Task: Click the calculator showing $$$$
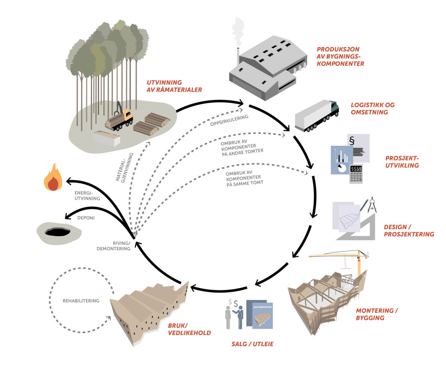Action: (x=356, y=173)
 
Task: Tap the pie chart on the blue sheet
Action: (x=342, y=168)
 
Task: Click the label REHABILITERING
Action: (x=81, y=301)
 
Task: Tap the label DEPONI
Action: (x=86, y=218)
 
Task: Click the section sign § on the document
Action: (x=351, y=141)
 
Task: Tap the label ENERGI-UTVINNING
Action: (x=87, y=196)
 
